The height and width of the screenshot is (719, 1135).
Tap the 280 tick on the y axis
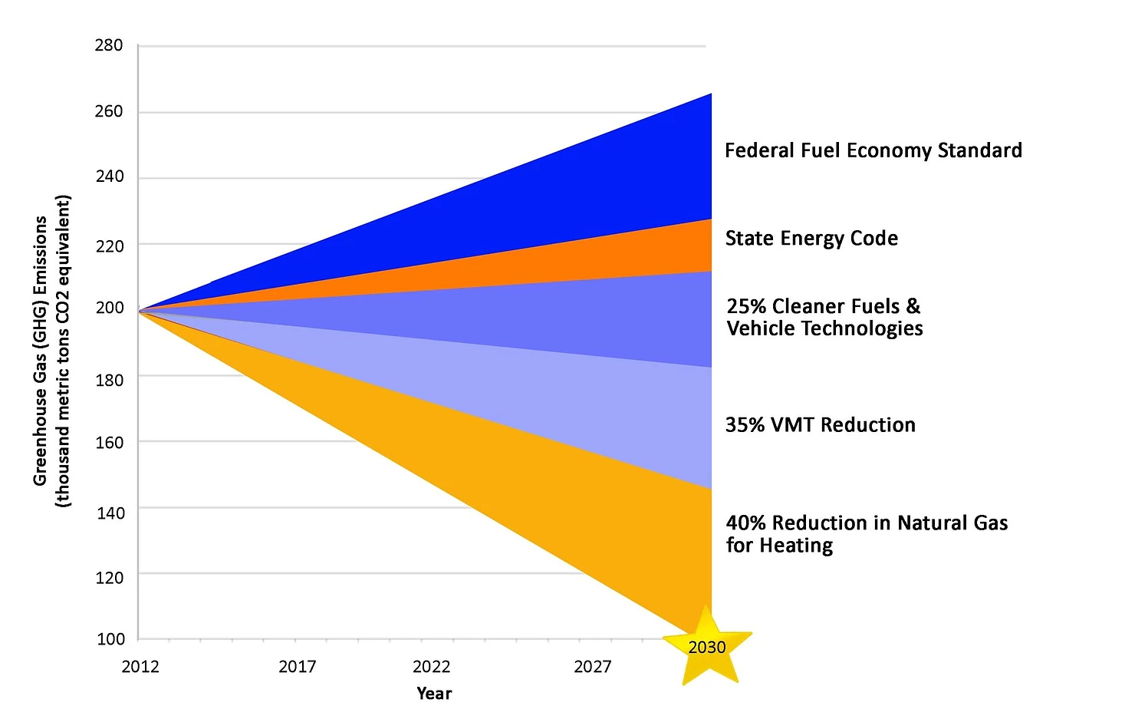click(109, 45)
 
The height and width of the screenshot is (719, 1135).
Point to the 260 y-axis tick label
click(109, 111)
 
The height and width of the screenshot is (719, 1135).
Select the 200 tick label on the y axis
click(110, 308)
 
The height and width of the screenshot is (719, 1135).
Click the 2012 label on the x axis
click(140, 666)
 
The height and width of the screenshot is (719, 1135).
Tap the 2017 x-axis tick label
click(298, 666)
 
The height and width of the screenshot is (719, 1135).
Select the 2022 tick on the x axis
click(432, 666)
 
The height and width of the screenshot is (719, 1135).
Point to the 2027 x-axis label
click(593, 666)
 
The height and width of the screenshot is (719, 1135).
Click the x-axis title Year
click(434, 693)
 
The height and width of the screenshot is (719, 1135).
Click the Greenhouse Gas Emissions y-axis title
click(51, 351)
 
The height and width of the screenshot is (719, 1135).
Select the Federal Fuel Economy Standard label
click(873, 150)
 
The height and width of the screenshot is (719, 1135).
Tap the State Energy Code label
click(811, 239)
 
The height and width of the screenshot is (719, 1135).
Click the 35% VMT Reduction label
click(821, 425)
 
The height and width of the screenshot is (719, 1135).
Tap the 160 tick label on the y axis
click(110, 443)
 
